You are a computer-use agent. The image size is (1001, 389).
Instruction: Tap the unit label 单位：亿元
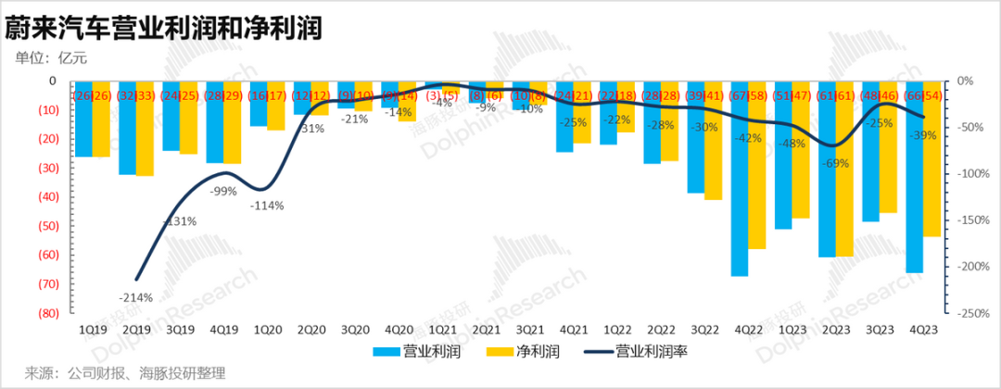51,58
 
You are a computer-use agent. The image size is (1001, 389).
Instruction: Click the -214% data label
135,296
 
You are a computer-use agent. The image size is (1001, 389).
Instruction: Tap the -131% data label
179,221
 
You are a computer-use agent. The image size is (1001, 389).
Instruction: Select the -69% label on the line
836,163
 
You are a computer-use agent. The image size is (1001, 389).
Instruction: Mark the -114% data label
267,206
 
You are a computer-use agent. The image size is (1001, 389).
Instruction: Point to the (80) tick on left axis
44,313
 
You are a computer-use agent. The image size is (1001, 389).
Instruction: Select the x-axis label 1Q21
442,329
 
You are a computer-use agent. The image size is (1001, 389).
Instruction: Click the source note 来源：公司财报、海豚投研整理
125,373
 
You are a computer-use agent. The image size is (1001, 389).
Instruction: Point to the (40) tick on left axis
44,197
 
